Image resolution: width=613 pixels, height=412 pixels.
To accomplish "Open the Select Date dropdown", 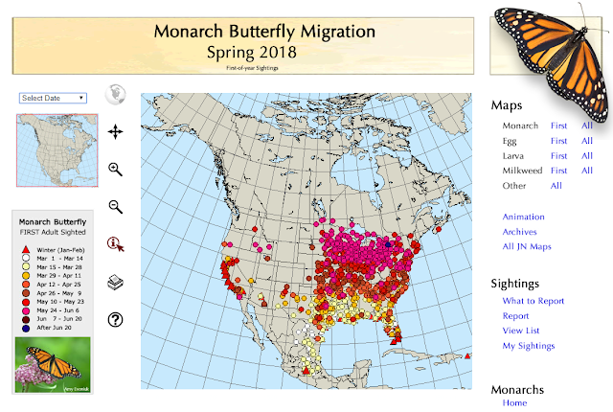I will tap(54, 98).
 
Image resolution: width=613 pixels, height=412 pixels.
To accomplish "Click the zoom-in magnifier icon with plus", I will tap(116, 169).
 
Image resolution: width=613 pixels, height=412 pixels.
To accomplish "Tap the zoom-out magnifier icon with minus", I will tap(116, 206).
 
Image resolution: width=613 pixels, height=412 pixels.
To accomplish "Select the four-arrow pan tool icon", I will tap(116, 131).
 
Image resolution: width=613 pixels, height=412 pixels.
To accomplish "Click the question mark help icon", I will tap(116, 319).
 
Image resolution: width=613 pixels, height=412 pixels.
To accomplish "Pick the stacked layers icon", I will tap(116, 282).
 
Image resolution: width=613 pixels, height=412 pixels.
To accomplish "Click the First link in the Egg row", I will tap(558, 141).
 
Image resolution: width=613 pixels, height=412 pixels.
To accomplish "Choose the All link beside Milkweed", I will tap(587, 171).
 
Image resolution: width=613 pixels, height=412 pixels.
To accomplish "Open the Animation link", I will tap(523, 217).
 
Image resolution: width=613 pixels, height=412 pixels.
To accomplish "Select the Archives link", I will tap(519, 232).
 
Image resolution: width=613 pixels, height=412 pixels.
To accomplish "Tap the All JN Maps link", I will tap(526, 246).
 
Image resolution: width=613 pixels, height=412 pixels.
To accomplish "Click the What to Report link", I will tap(533, 301).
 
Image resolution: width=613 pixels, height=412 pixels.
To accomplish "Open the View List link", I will tap(522, 331).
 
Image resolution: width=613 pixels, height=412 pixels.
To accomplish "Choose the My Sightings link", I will tap(529, 346).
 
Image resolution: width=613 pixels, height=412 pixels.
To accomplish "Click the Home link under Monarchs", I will tap(514, 403).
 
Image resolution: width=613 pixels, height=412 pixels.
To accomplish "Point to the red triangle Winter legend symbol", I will tap(24, 248).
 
